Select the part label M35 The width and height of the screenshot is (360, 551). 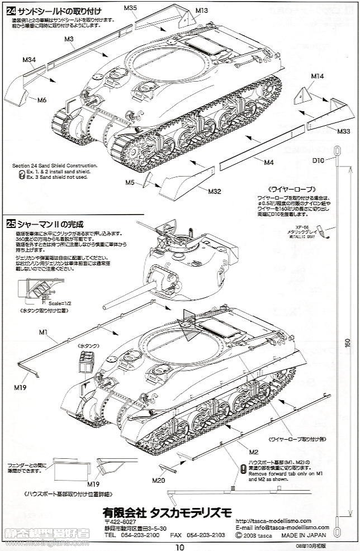[x=130, y=7]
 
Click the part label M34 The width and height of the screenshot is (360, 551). [x=30, y=59]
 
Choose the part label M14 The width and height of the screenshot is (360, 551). [x=316, y=75]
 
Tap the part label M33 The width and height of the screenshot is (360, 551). [x=344, y=131]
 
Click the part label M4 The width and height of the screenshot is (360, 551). [x=268, y=163]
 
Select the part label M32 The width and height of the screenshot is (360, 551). [x=215, y=191]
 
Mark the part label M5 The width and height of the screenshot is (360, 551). [x=130, y=182]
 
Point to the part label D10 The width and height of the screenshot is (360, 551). [x=318, y=161]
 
